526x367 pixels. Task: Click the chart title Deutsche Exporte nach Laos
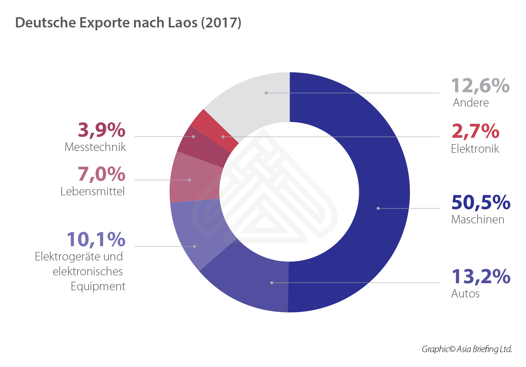click(x=128, y=23)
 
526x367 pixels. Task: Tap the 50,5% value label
click(x=481, y=202)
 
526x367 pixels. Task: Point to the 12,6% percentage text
click(x=480, y=86)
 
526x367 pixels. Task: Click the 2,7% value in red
click(x=475, y=131)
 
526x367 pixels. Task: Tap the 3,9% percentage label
click(x=102, y=130)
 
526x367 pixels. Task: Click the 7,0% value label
click(x=102, y=174)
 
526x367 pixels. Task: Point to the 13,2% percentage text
click(x=481, y=276)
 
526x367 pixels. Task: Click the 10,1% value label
click(x=96, y=239)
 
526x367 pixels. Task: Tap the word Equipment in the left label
click(x=98, y=286)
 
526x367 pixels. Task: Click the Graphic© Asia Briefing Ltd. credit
click(x=467, y=349)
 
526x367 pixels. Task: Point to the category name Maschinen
click(x=478, y=220)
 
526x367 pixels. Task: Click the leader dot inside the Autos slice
click(x=272, y=283)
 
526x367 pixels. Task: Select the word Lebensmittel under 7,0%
click(x=93, y=192)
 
